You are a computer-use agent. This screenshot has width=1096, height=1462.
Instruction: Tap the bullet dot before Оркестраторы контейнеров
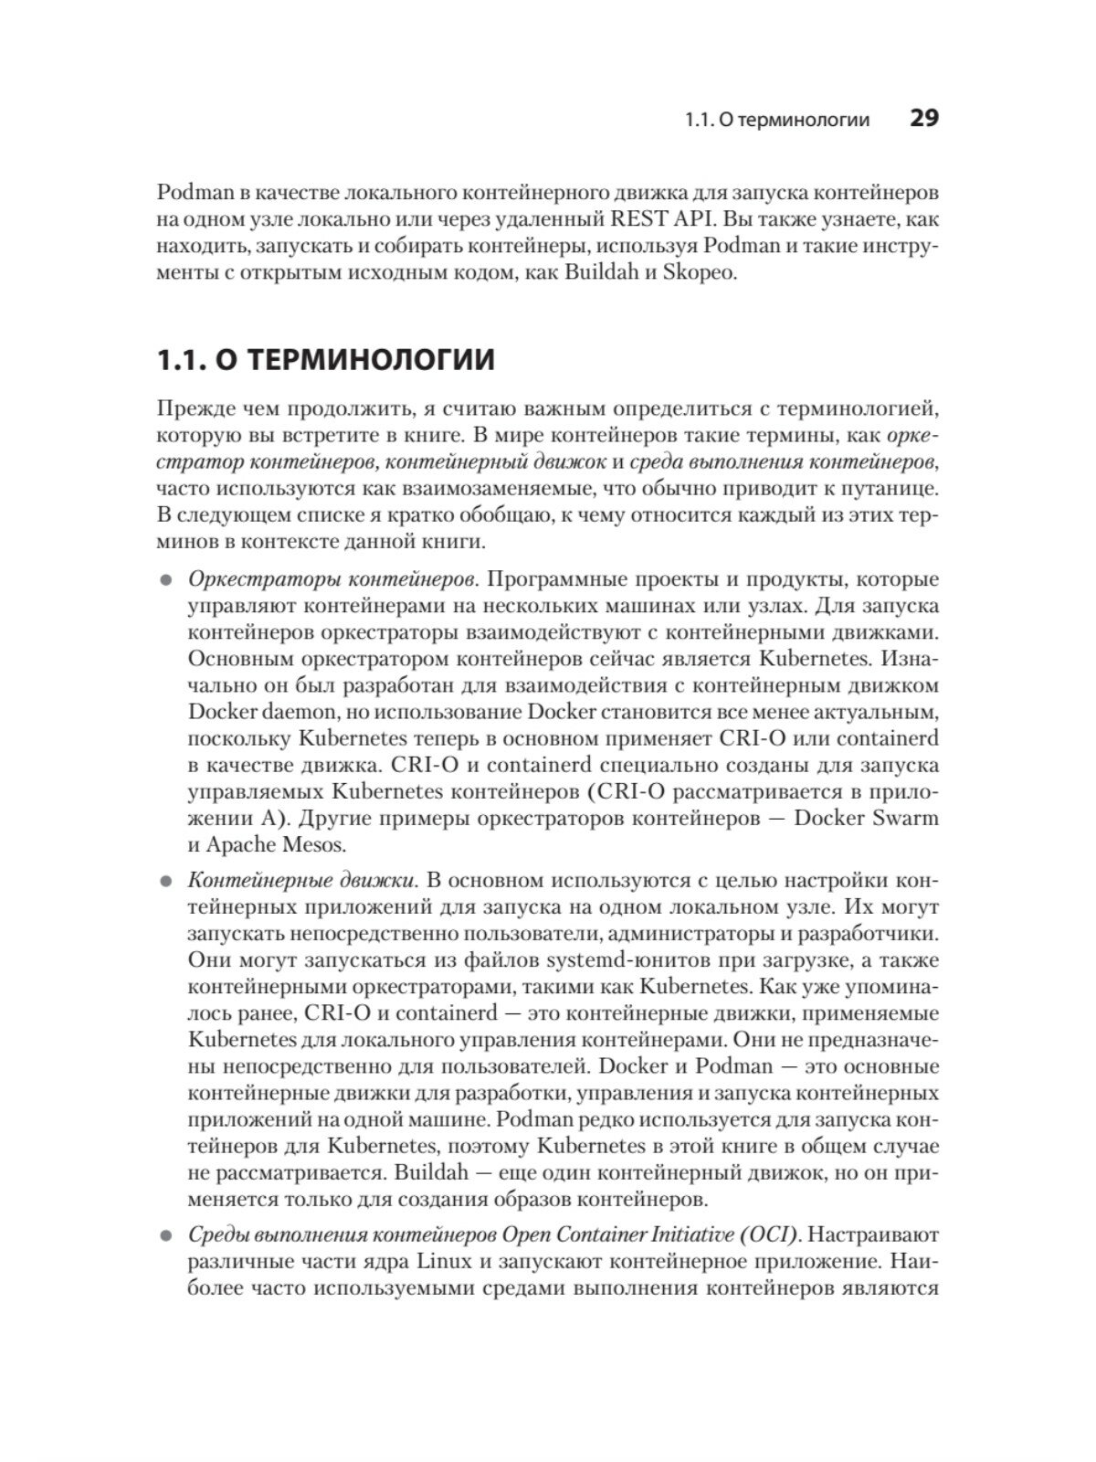pos(166,580)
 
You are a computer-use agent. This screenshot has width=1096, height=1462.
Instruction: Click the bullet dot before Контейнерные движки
pos(166,882)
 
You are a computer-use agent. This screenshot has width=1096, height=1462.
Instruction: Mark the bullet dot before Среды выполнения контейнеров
pos(166,1236)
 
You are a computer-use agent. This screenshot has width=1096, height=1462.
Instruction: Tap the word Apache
pos(242,844)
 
